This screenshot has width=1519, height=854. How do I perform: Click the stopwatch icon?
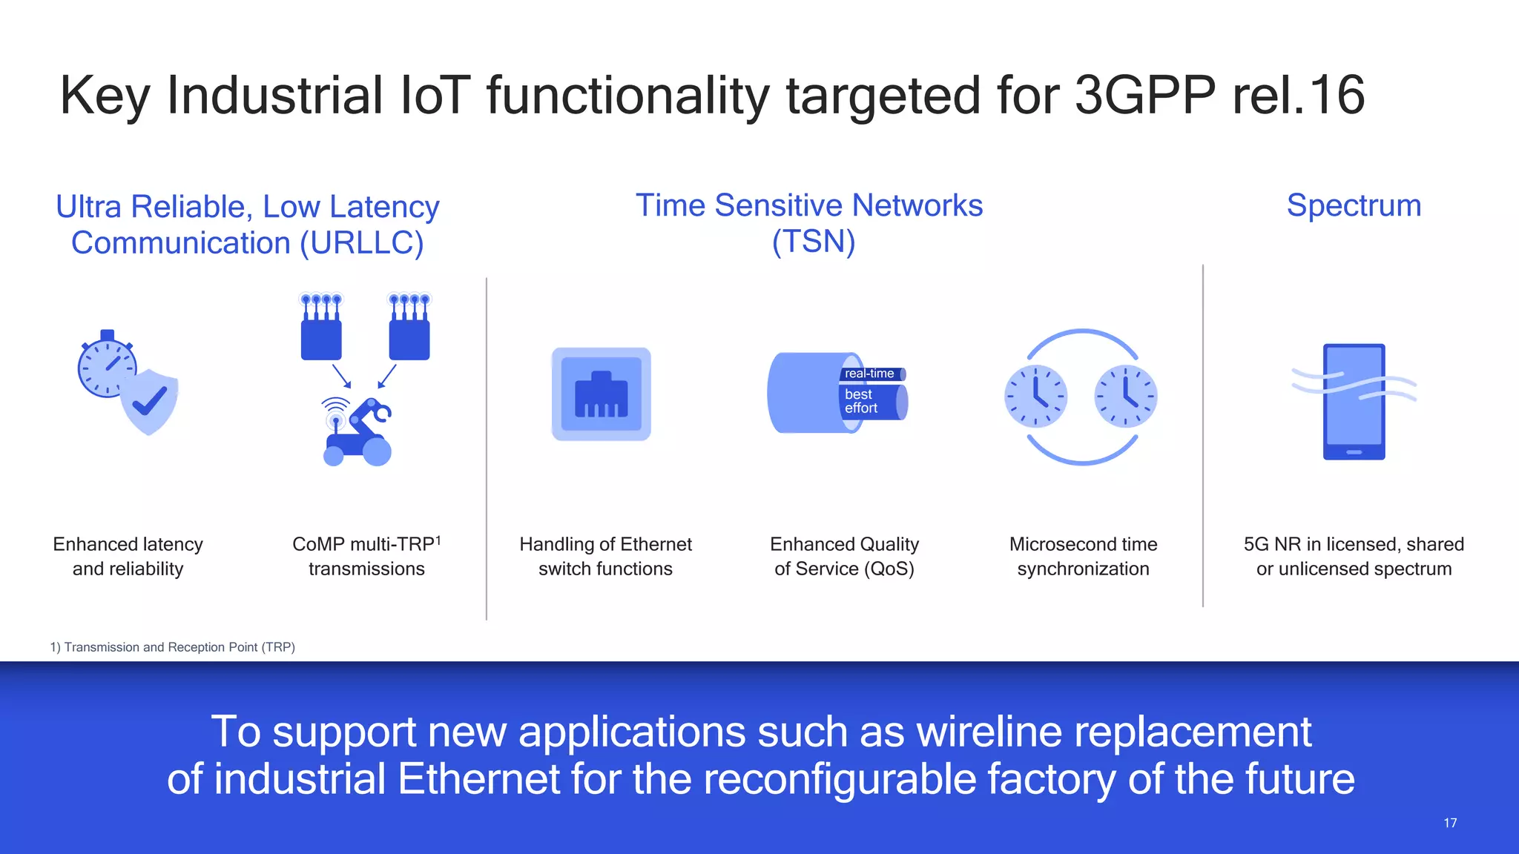[x=106, y=365]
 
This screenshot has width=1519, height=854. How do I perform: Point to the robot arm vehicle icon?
[x=358, y=433]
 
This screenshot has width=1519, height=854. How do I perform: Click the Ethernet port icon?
[x=601, y=394]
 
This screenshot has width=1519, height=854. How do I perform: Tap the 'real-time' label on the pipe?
[x=869, y=374]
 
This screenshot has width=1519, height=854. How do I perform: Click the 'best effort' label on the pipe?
[x=861, y=401]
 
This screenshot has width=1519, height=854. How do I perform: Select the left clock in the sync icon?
[x=1036, y=396]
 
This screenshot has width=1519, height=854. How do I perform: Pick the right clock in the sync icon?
[x=1126, y=396]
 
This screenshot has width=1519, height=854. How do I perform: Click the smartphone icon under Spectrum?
[x=1354, y=401]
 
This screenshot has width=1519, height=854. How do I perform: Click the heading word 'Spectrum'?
[x=1354, y=205]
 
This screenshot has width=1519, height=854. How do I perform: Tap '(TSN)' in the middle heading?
[x=814, y=242]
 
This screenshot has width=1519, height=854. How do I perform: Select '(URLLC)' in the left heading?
[x=361, y=243]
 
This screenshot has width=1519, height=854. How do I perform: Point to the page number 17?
[x=1450, y=823]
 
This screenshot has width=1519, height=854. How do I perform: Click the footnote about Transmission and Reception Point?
[x=173, y=647]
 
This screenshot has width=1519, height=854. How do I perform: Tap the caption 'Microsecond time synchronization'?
[x=1083, y=556]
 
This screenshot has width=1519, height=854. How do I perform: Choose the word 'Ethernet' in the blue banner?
[x=478, y=779]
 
